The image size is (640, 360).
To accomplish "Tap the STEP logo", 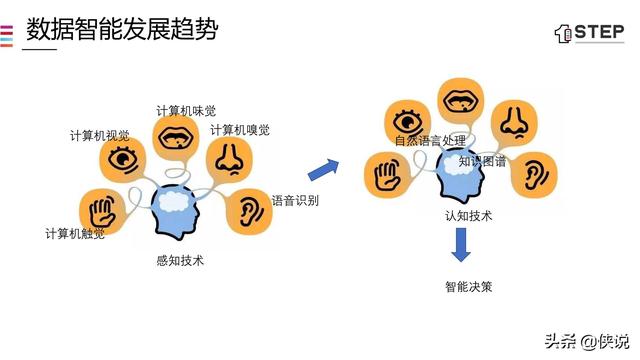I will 589,32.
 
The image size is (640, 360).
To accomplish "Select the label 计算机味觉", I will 186,110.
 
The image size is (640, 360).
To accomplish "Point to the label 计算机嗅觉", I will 240,130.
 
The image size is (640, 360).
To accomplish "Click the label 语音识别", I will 295,200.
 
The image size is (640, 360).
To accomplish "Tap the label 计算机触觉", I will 75,234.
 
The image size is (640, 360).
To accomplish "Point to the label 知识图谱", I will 483,160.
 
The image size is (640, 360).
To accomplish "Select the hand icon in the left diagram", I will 102,210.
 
